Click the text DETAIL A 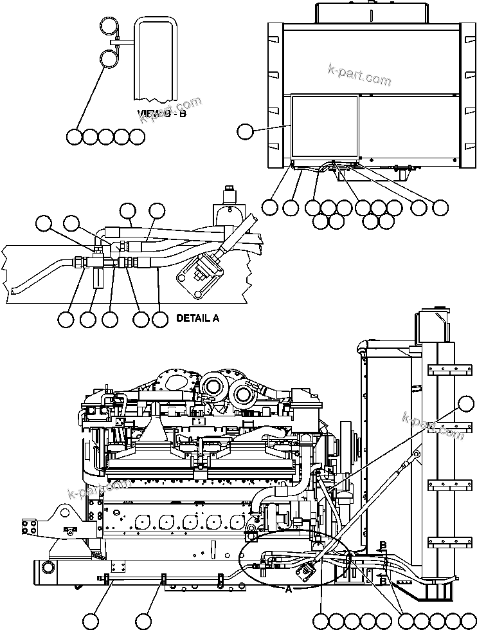click(197, 318)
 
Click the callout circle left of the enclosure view click(245, 132)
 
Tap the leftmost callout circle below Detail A click(66, 319)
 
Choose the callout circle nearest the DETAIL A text click(161, 319)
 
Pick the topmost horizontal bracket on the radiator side click(442, 369)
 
